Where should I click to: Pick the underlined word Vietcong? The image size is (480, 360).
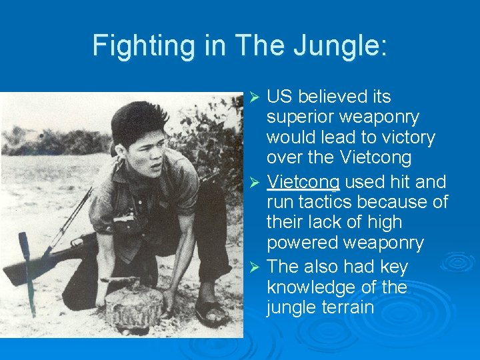pyautogui.click(x=303, y=181)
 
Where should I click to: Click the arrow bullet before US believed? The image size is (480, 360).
pyautogui.click(x=253, y=98)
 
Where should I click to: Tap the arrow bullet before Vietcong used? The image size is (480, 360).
pyautogui.click(x=253, y=182)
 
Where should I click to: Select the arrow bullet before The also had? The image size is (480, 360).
pyautogui.click(x=253, y=267)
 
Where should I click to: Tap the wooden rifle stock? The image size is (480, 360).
pyautogui.click(x=27, y=267)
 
